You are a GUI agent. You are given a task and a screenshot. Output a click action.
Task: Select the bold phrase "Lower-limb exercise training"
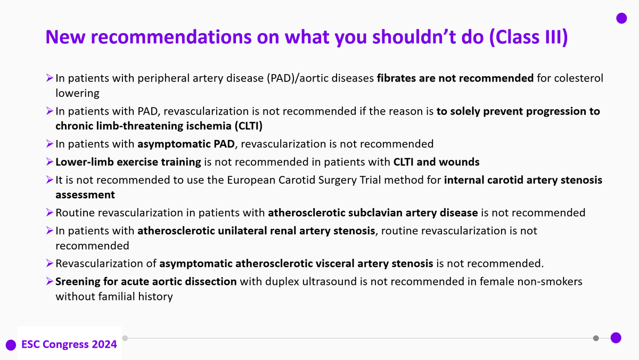[128, 161]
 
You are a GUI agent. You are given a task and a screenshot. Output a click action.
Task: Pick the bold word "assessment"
[85, 195]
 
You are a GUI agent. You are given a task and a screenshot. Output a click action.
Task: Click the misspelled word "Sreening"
[78, 281]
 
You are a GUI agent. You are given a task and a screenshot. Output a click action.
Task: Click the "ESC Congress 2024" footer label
[69, 344]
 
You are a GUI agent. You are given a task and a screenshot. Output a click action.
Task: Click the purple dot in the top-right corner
[621, 19]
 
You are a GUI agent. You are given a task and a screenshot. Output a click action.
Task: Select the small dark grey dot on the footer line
[596, 338]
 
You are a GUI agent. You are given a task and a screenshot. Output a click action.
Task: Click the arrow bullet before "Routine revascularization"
[49, 213]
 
